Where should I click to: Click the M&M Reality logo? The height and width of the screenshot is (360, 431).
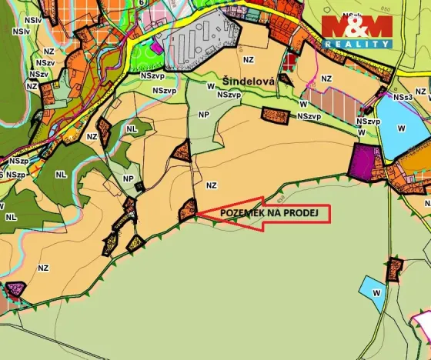(x=356, y=31)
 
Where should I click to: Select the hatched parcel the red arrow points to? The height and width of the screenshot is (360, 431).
(x=186, y=209)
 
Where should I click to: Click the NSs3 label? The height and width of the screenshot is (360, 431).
(x=403, y=98)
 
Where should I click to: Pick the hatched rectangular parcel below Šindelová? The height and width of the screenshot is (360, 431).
(x=275, y=115)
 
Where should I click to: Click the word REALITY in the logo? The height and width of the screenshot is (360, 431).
(x=356, y=45)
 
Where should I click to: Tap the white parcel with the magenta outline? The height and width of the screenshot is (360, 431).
(x=423, y=323)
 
